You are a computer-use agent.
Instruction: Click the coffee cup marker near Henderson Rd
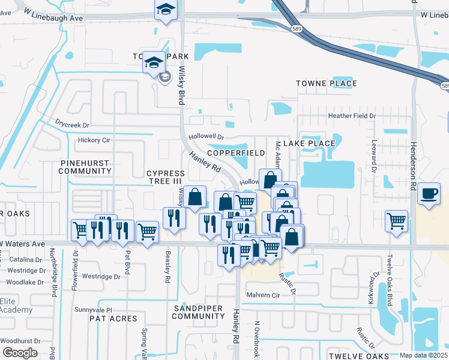coord(429,194)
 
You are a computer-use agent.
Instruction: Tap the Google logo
coord(20,353)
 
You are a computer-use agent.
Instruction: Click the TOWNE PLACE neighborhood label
coord(327,83)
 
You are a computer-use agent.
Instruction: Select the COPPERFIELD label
coord(236,153)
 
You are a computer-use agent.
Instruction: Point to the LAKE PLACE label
coord(309,143)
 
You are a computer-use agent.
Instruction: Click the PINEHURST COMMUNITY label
coord(85,167)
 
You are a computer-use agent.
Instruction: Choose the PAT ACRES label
coord(113,319)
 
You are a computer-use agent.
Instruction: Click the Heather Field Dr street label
coord(351,116)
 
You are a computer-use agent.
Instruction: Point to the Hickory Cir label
coord(94,140)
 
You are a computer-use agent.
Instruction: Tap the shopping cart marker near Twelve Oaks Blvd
coord(396,221)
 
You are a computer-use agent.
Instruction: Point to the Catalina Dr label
coord(26,260)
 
